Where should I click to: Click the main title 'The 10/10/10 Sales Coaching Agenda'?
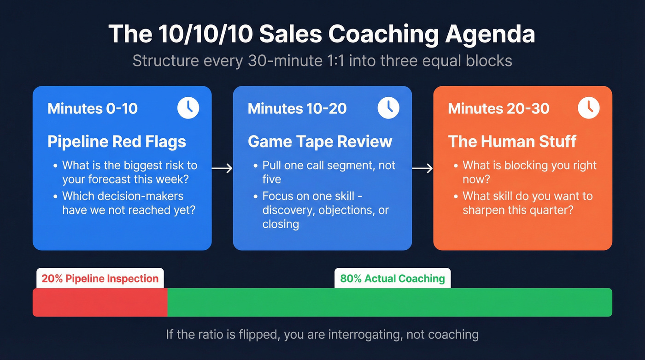tap(322, 35)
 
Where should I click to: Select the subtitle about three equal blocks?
tap(322, 61)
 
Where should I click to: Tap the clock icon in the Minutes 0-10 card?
tap(188, 108)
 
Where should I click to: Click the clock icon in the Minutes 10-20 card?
tap(389, 108)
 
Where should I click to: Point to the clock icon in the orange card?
tap(589, 108)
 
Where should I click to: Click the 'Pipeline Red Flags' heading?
tap(117, 141)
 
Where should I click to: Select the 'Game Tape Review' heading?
tap(320, 141)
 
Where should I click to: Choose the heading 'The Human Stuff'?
tap(512, 141)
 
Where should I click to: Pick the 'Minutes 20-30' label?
tap(498, 109)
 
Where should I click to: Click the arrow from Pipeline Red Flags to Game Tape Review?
tap(222, 169)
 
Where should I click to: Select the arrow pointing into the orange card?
tap(422, 169)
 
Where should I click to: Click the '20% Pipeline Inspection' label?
tap(100, 278)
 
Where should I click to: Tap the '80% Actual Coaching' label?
tap(393, 278)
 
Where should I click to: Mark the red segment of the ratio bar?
tap(100, 302)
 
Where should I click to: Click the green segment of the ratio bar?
tap(389, 302)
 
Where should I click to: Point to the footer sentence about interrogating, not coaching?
tap(322, 334)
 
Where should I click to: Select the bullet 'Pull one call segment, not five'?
tap(328, 171)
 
